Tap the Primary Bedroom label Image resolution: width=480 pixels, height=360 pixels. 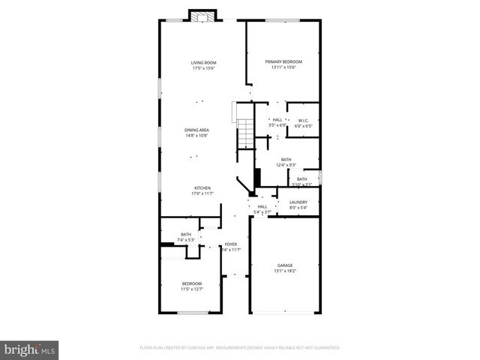coord(283,61)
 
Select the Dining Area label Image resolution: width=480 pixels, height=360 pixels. coord(196,130)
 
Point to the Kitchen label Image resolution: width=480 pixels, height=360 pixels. coord(202,187)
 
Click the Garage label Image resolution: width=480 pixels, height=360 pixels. coord(284,265)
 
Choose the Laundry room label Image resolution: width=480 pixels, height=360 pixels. coord(298,202)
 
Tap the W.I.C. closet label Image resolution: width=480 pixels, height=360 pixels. coord(303,120)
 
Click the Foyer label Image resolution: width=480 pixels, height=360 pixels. coord(231,244)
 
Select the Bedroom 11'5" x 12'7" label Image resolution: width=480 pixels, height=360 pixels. coord(191,283)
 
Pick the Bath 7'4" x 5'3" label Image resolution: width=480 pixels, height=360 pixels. coord(185,235)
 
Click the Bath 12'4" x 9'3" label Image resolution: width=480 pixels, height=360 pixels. coord(286,159)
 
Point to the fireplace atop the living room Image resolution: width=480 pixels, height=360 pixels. coord(202,16)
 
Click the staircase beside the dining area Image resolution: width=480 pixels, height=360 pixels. coord(244,133)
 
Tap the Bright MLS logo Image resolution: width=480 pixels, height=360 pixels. coord(30,349)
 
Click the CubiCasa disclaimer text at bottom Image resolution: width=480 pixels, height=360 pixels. coord(240,348)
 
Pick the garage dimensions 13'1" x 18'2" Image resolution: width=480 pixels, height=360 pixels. coord(284,271)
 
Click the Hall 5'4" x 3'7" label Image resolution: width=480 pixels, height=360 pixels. coord(262,206)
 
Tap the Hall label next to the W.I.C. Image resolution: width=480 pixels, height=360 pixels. coord(277,119)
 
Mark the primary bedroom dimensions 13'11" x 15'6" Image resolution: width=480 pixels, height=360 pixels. coord(283,67)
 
